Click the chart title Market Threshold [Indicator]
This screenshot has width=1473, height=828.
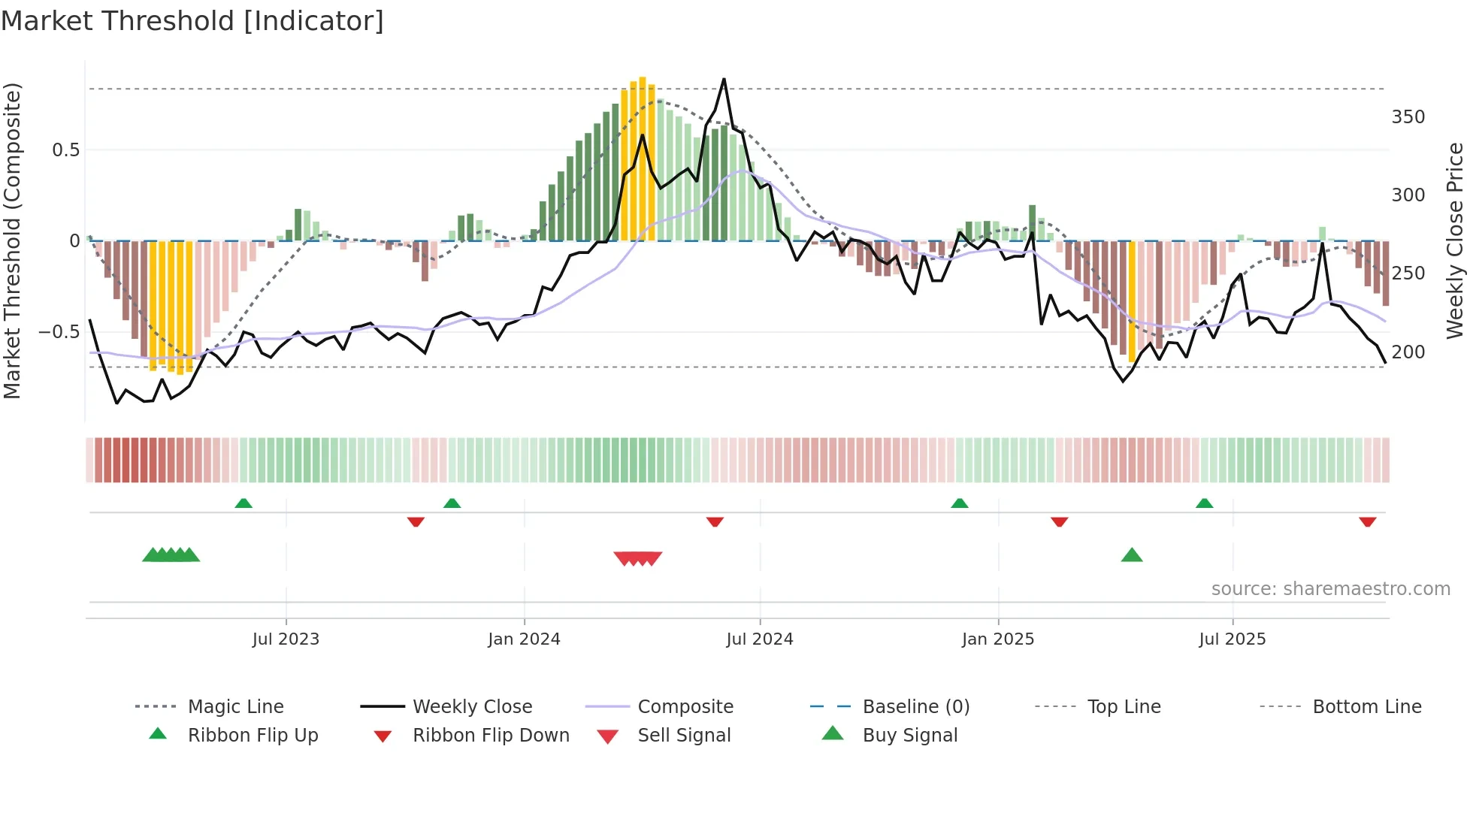point(192,21)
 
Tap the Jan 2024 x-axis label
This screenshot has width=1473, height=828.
point(524,639)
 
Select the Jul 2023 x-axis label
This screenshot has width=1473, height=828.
point(286,639)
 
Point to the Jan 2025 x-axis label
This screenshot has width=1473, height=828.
point(998,639)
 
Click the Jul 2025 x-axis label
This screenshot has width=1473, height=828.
point(1233,639)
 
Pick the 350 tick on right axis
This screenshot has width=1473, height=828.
point(1408,117)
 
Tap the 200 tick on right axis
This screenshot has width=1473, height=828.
point(1408,352)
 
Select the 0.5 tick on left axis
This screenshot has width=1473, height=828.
point(65,150)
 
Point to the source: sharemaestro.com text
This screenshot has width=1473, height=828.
point(1330,589)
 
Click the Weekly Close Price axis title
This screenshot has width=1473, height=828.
point(1455,240)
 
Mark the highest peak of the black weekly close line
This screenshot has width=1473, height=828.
point(724,79)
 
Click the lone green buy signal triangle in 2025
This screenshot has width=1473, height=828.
point(1132,556)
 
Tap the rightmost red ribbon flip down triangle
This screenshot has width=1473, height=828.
point(1368,521)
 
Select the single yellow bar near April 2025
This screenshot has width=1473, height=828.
point(1132,301)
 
